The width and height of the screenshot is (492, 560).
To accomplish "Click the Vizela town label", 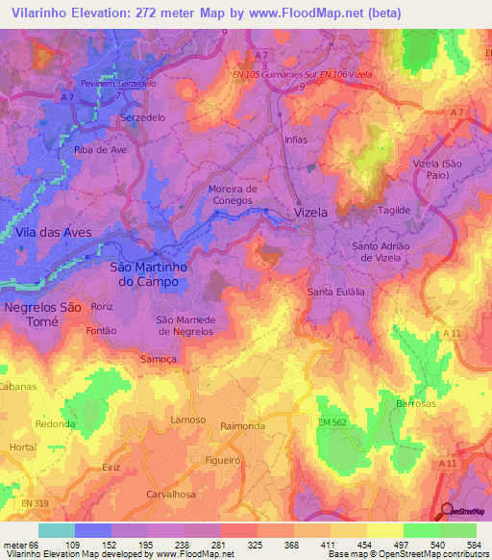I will click(x=310, y=212).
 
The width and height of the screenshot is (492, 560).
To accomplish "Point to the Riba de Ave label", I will click(x=100, y=150).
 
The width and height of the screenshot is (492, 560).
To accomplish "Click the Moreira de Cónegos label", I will click(x=233, y=195).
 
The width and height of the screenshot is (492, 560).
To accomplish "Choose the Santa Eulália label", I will click(x=333, y=292).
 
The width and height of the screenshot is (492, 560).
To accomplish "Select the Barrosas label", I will click(x=416, y=404).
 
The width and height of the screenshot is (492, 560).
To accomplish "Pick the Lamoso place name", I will click(x=188, y=420).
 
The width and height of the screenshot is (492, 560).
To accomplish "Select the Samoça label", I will click(x=160, y=357).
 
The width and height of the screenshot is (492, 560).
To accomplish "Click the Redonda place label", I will click(x=55, y=423).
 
